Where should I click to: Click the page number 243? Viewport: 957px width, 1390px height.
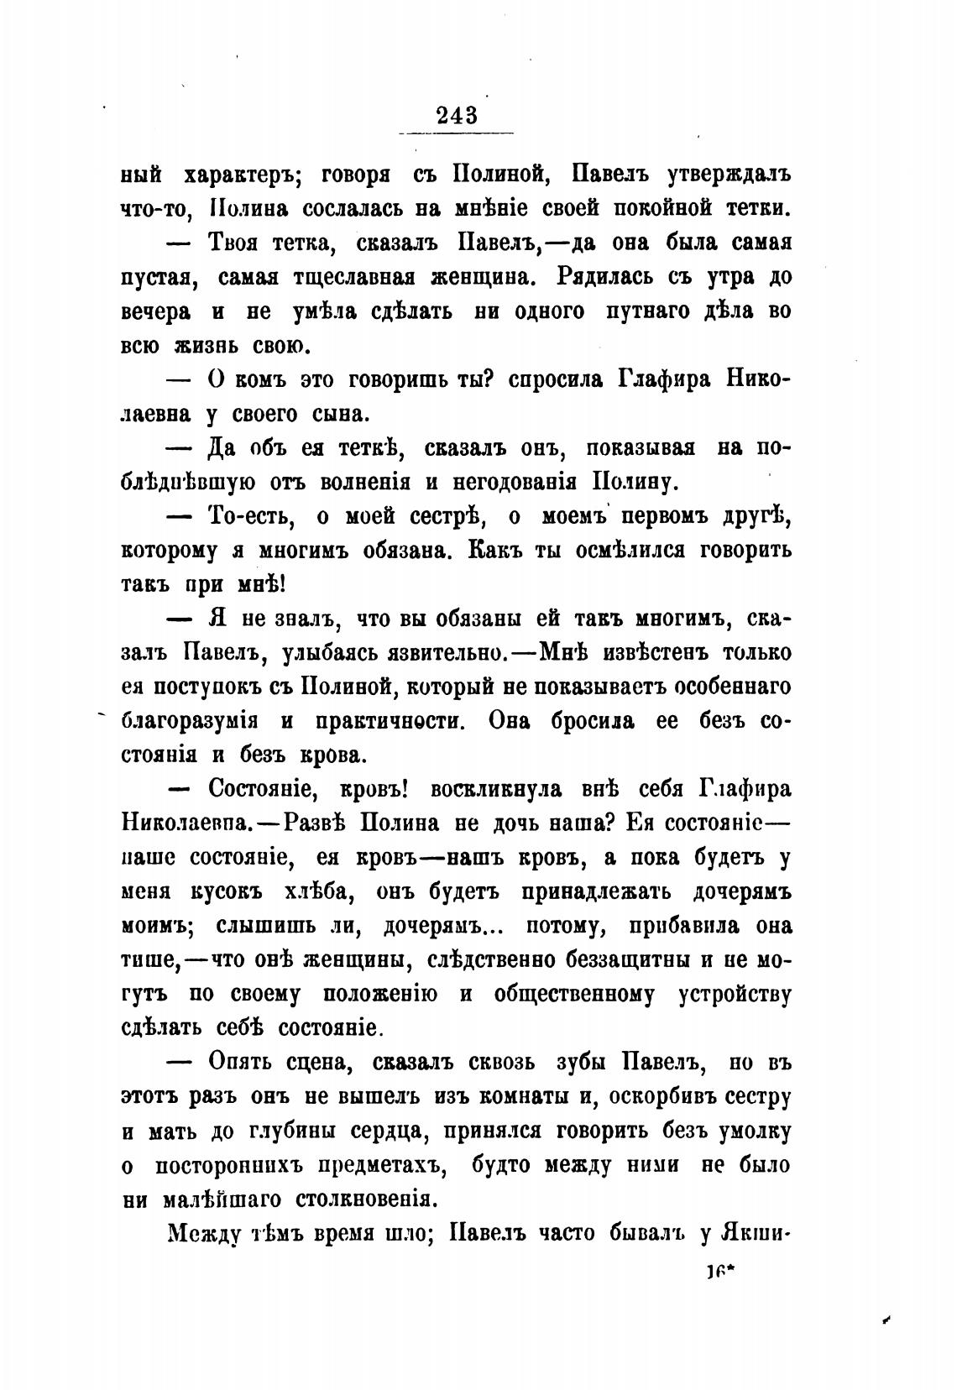pyautogui.click(x=457, y=114)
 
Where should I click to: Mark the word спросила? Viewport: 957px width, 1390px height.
pyautogui.click(x=553, y=379)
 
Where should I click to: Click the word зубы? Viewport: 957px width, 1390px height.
pyautogui.click(x=578, y=1062)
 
